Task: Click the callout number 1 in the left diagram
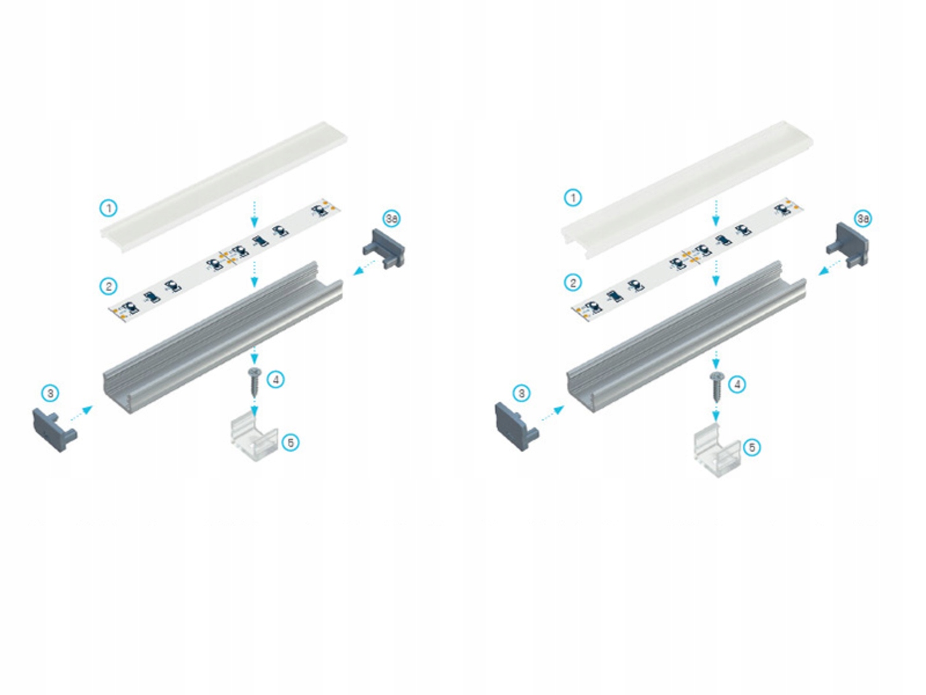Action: click(109, 208)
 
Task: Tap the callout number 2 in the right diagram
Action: click(573, 283)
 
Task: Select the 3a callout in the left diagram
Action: click(391, 218)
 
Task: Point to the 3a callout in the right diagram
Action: click(862, 219)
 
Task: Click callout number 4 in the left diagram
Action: click(275, 379)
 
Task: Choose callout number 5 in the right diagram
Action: click(751, 447)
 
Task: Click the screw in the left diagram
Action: click(254, 381)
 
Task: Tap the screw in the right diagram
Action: click(716, 385)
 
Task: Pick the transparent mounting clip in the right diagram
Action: click(717, 451)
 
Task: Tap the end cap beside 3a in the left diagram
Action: click(385, 249)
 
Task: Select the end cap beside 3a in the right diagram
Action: click(849, 245)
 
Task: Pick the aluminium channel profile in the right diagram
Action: click(685, 337)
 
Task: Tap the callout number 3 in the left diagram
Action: click(51, 393)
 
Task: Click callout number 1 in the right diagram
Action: click(573, 198)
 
